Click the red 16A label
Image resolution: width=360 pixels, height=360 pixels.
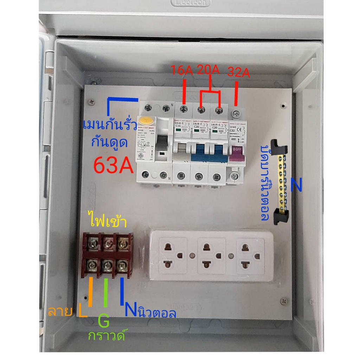tap(182, 70)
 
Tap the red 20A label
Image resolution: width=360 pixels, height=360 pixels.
tap(208, 70)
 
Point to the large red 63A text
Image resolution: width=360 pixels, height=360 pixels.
tap(114, 165)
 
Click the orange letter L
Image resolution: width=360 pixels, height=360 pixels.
tap(83, 311)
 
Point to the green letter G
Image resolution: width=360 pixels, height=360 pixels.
tap(104, 321)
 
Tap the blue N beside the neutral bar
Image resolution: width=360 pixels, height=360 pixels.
tap(296, 186)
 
